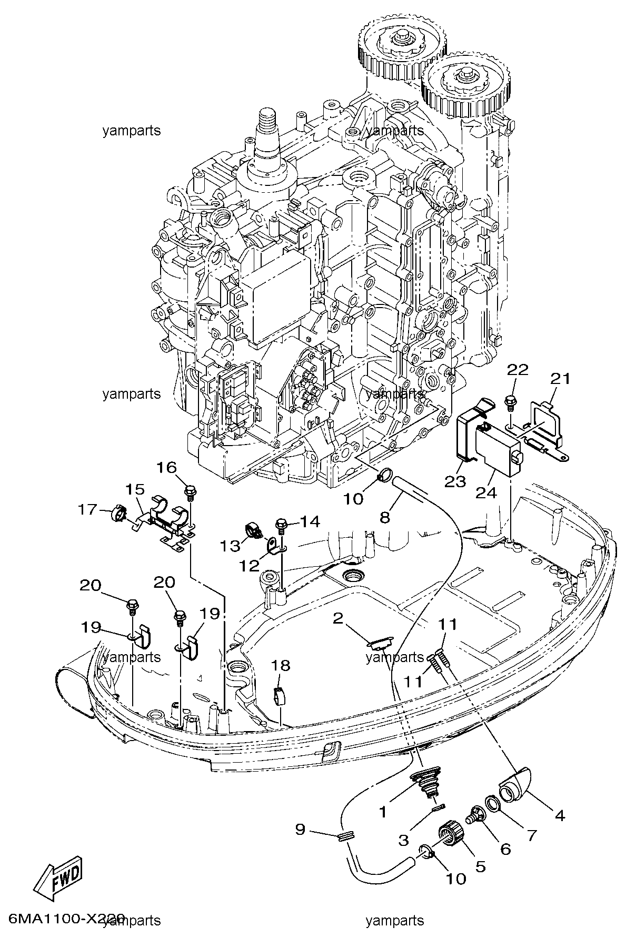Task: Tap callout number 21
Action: pyautogui.click(x=560, y=379)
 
